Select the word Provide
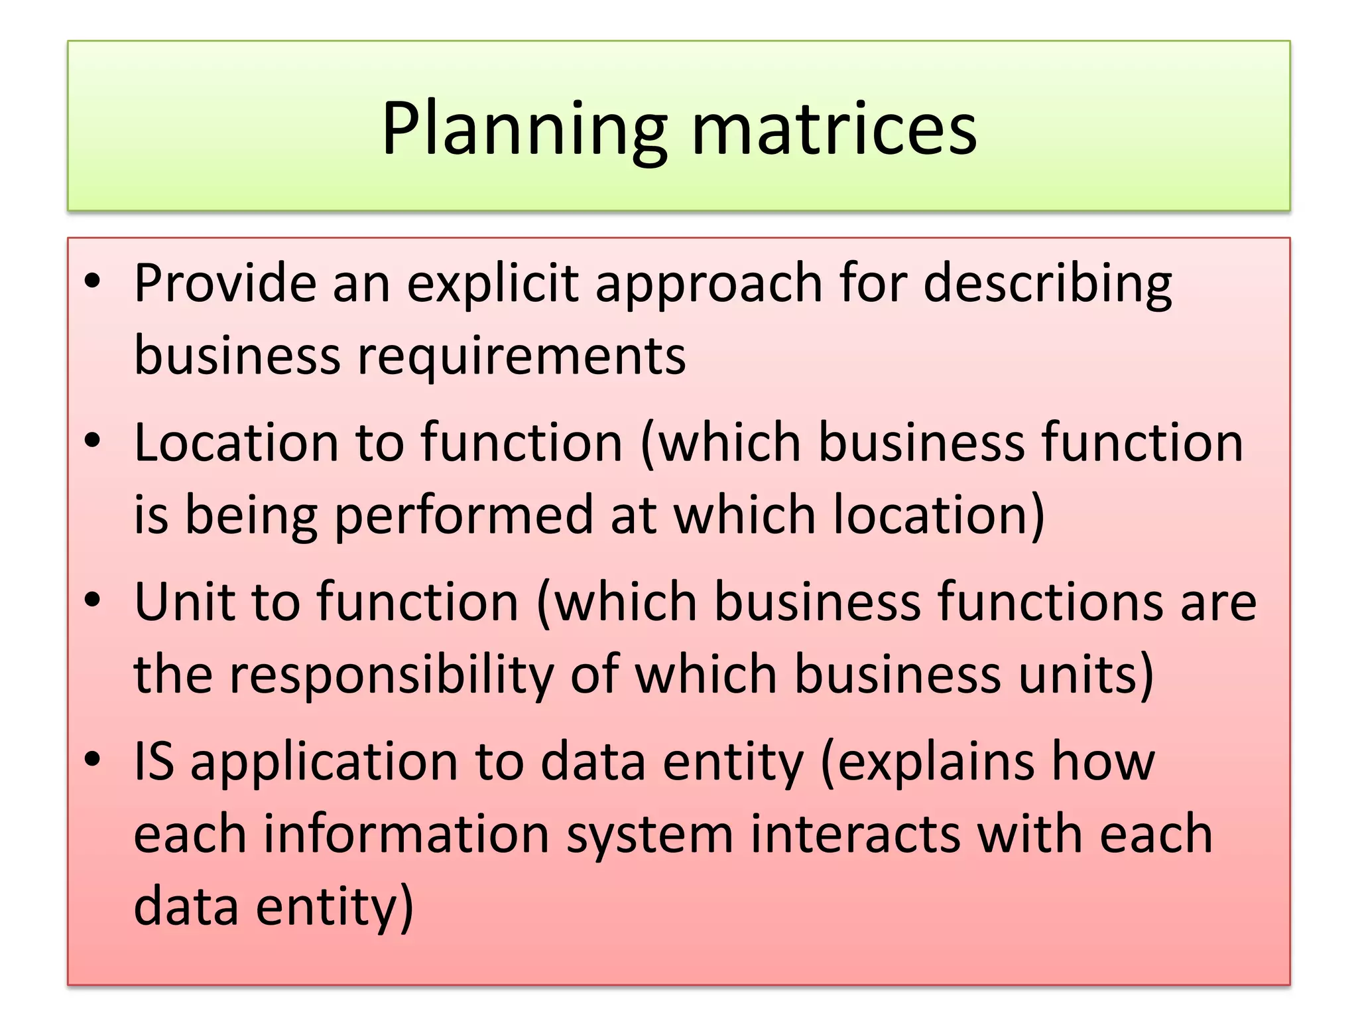225,283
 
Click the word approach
709,283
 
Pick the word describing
1047,283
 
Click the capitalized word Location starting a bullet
236,442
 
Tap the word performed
463,515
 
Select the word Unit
184,602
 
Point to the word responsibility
391,674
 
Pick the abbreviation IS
154,761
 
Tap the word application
324,761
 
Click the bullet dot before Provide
92,281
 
